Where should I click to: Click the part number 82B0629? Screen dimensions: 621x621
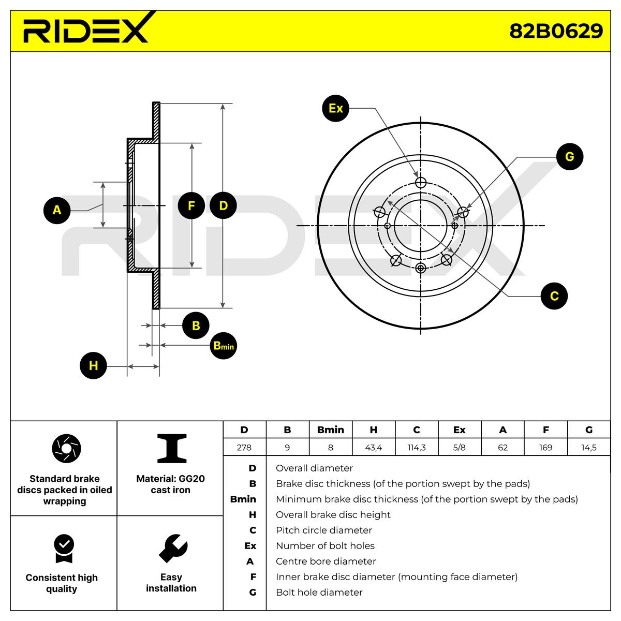pyautogui.click(x=556, y=31)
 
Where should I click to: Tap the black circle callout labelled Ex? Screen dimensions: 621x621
pyautogui.click(x=335, y=108)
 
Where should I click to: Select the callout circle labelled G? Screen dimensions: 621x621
pyautogui.click(x=569, y=156)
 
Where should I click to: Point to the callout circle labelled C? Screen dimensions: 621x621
pyautogui.click(x=554, y=296)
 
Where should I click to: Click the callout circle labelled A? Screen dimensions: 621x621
pyautogui.click(x=57, y=210)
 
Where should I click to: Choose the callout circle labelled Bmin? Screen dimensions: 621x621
pyautogui.click(x=224, y=345)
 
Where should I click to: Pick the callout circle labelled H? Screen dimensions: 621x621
pyautogui.click(x=93, y=366)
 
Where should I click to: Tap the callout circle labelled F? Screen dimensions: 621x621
pyautogui.click(x=191, y=206)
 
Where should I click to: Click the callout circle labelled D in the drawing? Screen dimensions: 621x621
pyautogui.click(x=223, y=206)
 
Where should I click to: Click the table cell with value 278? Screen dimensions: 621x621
pyautogui.click(x=244, y=448)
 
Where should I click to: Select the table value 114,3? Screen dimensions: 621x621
pyautogui.click(x=417, y=448)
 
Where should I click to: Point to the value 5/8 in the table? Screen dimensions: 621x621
pyautogui.click(x=459, y=448)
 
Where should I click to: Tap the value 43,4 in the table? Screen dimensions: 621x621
pyautogui.click(x=373, y=448)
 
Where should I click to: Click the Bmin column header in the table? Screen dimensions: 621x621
pyautogui.click(x=330, y=430)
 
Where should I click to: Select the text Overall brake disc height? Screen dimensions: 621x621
pyautogui.click(x=333, y=515)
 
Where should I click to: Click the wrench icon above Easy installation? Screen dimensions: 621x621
pyautogui.click(x=172, y=548)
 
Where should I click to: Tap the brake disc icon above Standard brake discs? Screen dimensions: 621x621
pyautogui.click(x=67, y=449)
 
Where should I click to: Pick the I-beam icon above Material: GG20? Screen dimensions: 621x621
pyautogui.click(x=171, y=448)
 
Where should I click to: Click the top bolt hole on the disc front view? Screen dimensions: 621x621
pyautogui.click(x=421, y=182)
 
